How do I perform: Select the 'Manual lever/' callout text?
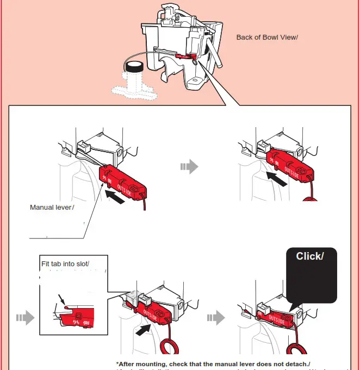pos(52,207)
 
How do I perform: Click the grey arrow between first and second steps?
pos(188,167)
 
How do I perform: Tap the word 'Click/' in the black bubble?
pos(309,256)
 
